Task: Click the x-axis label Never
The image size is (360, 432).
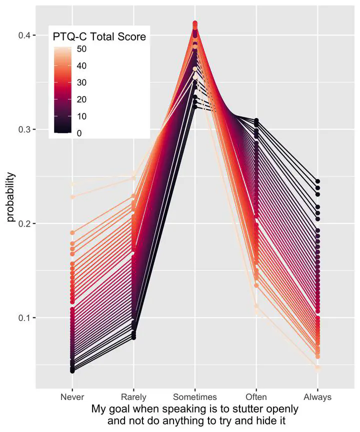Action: (x=72, y=397)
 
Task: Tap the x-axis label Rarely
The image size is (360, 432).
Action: (x=133, y=397)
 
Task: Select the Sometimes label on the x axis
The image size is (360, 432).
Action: (x=194, y=397)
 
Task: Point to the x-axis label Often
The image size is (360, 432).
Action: (x=256, y=397)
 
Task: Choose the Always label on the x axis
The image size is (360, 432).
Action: (x=317, y=397)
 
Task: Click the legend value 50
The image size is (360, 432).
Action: (x=81, y=49)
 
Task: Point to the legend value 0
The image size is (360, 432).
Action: (x=79, y=133)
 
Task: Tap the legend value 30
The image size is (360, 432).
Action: (x=81, y=82)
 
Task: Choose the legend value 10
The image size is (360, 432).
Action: (x=81, y=116)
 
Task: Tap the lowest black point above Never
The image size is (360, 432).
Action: (x=72, y=371)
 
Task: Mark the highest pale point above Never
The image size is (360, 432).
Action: (x=72, y=184)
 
